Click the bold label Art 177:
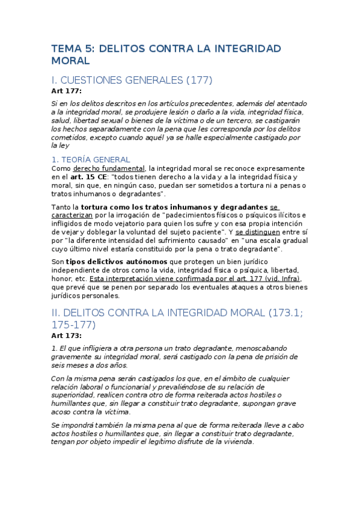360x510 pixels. [66, 91]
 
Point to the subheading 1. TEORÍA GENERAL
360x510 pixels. [90, 159]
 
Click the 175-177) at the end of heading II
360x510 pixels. [73, 325]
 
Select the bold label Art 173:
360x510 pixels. [66, 336]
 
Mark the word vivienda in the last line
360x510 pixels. [236, 442]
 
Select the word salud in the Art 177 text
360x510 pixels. [61, 120]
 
